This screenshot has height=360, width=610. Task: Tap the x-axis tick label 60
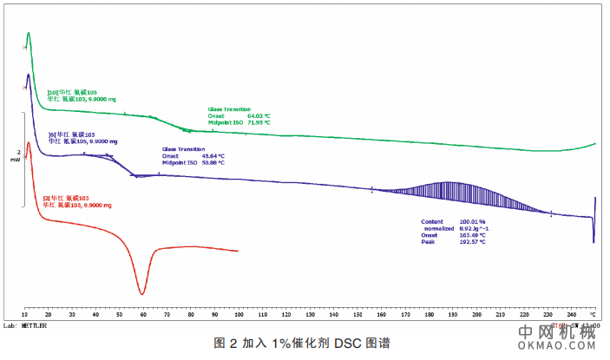(142, 314)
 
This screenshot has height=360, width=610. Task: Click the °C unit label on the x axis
(594, 314)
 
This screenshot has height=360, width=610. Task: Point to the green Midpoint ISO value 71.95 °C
(259, 122)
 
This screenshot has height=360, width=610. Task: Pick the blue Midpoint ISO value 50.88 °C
(213, 162)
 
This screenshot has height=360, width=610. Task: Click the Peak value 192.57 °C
(472, 242)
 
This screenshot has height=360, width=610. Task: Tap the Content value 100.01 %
(472, 222)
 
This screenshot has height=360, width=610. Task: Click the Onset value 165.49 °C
(472, 236)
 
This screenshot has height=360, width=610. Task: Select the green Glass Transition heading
(229, 109)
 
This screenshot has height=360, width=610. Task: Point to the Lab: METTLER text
(25, 326)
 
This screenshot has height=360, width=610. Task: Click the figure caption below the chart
(301, 343)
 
